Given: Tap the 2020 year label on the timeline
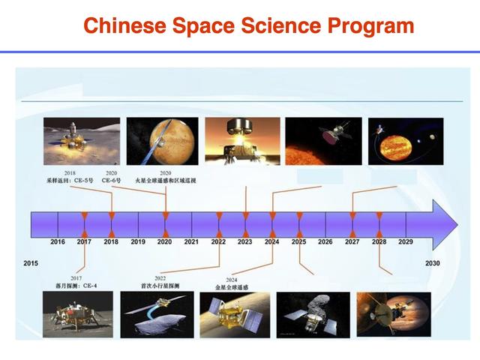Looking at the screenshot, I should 164,242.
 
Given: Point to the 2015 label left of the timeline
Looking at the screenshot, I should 31,263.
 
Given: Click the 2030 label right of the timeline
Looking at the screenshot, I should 433,263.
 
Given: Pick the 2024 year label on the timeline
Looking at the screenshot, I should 271,242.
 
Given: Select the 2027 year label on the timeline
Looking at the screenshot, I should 352,242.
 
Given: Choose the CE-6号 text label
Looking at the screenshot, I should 111,181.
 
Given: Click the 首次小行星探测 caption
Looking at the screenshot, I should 160,286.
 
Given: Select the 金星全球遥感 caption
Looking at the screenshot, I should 232,287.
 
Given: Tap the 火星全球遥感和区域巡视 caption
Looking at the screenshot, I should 166,181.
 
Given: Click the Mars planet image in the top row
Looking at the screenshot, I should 162,141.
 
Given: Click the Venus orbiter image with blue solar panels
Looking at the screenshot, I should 233,314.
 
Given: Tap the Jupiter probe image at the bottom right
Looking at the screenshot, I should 394,314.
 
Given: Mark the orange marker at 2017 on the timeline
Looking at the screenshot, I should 85,223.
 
